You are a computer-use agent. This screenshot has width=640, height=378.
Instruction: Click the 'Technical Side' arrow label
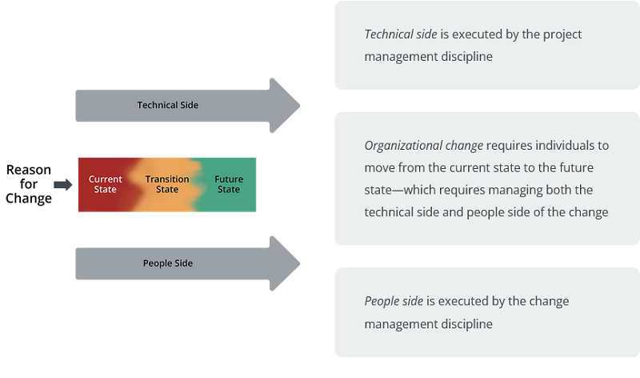(167, 105)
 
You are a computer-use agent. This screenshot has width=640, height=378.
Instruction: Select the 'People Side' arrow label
(167, 263)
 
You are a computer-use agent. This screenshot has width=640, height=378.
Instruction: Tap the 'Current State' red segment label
(106, 184)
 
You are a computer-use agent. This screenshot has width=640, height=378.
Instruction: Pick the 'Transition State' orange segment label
(167, 184)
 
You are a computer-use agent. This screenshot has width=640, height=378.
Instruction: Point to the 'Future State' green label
(229, 184)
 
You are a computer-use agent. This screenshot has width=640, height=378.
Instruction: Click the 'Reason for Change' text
(29, 184)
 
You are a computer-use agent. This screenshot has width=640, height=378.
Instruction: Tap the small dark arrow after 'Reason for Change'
(63, 185)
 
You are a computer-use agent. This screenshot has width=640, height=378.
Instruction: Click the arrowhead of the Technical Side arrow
(285, 105)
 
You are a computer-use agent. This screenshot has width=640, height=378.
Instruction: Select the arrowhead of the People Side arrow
(285, 263)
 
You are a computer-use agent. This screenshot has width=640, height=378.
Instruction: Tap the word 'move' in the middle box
(379, 168)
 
